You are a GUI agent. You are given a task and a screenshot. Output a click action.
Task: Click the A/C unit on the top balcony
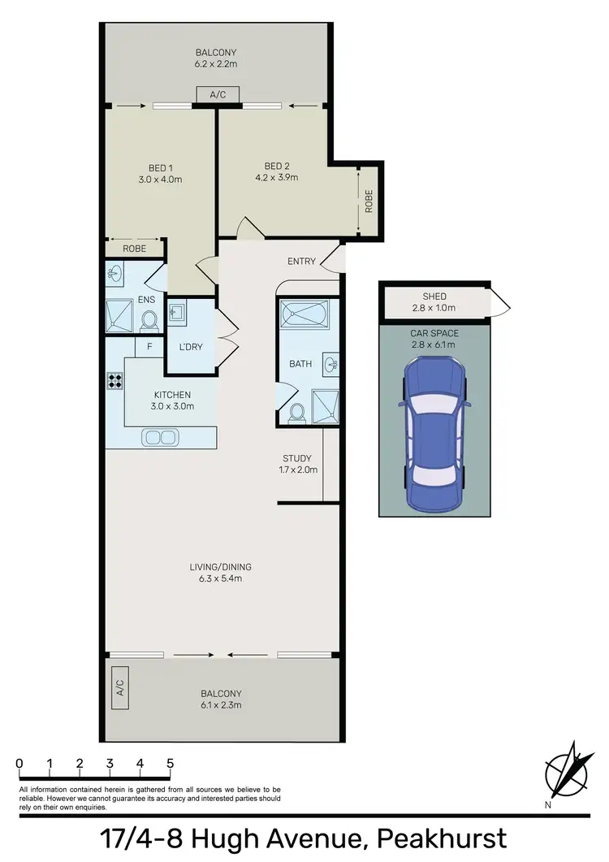[218, 95]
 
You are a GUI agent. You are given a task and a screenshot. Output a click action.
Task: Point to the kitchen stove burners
[114, 383]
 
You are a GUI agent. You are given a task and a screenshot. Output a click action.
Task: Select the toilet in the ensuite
[149, 323]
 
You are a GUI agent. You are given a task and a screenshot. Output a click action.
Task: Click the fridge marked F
[149, 346]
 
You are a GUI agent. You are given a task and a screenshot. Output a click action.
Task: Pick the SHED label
[434, 297]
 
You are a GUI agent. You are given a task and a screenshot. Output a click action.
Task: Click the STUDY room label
[297, 458]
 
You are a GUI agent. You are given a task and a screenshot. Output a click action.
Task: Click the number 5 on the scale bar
[170, 764]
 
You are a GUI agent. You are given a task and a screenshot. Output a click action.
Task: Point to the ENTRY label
[301, 261]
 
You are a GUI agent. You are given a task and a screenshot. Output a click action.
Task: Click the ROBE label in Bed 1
[135, 249]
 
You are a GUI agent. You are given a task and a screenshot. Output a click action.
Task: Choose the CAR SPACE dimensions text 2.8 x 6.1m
[434, 344]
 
